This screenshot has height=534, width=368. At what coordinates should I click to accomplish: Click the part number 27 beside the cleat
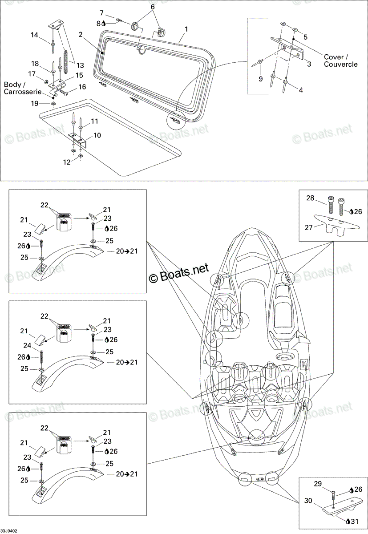[308, 228]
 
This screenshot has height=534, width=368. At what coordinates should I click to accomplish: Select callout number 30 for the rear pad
[308, 500]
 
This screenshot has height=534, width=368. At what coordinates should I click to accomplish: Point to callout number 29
[318, 484]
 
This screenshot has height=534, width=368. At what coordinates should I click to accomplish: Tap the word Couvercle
[340, 64]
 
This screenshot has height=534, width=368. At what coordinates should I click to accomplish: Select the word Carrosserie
[22, 92]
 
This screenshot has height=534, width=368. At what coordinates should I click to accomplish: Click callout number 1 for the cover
[186, 29]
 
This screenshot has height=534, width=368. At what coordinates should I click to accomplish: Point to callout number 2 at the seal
[81, 35]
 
